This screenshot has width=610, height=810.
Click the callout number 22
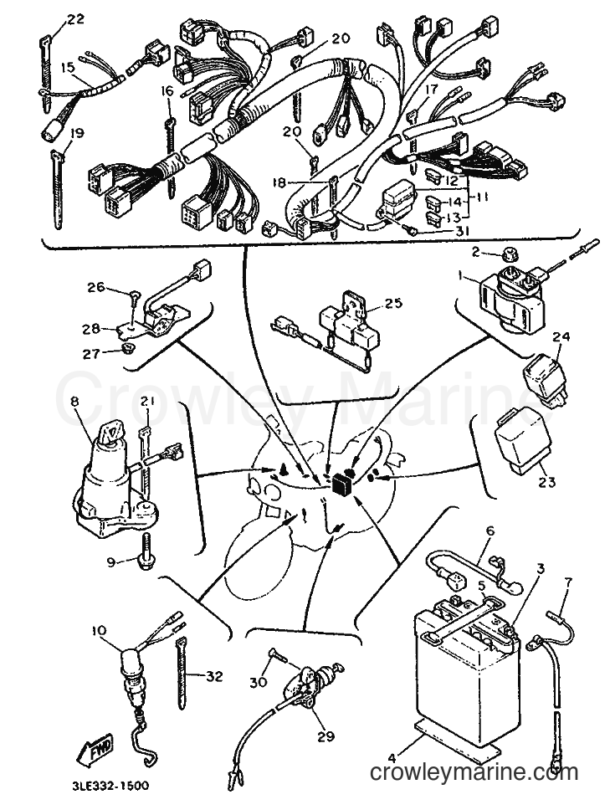tap(75, 19)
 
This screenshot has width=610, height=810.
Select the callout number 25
tap(393, 303)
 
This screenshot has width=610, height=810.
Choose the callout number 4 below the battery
tap(392, 758)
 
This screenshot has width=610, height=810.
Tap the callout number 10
tap(100, 631)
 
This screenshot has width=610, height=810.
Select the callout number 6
tap(490, 531)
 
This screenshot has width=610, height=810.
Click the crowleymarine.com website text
tap(474, 773)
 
